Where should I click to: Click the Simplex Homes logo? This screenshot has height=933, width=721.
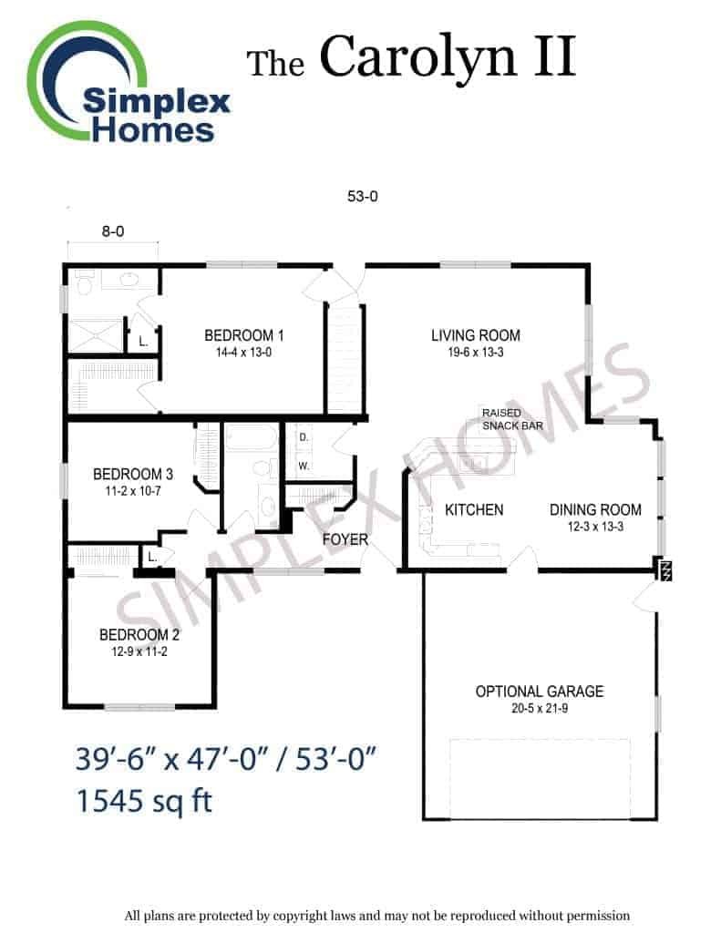128,83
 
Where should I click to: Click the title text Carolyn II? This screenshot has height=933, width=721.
448,57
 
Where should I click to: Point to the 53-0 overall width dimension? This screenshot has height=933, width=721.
363,196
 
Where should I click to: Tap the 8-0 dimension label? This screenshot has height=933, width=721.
113,231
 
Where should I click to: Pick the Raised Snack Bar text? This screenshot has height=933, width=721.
512,419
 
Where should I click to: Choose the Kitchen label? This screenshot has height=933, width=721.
474,510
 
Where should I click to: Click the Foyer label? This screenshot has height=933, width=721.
345,539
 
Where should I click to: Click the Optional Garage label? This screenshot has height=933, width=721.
540,692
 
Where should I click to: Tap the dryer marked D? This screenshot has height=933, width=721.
304,437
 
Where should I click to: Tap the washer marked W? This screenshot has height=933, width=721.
304,466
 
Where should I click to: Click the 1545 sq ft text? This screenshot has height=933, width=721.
144,801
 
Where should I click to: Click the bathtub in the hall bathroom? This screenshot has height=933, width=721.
252,438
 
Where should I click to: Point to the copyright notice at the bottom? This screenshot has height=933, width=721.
376,915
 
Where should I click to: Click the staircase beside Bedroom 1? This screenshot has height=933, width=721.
345,358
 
